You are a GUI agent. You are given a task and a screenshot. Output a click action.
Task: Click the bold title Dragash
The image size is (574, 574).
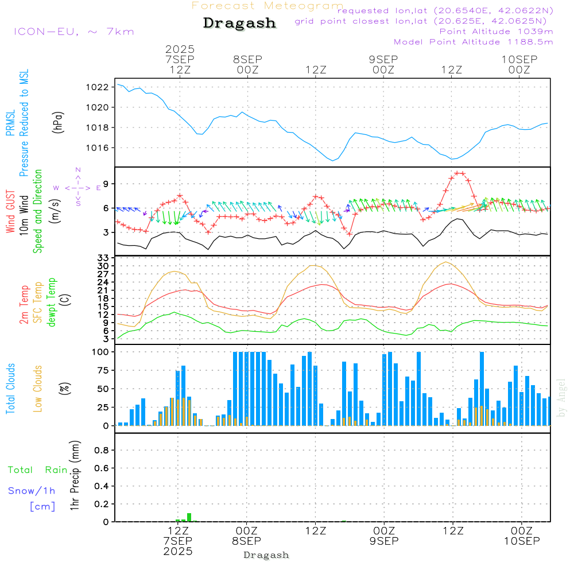[239, 24]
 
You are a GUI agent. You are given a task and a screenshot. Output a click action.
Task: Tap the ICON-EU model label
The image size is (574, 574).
[73, 32]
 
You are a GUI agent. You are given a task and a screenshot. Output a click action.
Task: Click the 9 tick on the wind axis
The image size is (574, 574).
[106, 184]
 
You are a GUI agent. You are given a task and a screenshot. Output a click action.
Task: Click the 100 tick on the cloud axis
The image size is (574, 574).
[101, 352]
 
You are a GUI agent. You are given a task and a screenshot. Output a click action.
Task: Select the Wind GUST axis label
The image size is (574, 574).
[10, 213]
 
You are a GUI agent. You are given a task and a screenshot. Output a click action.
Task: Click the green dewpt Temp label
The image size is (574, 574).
[52, 302]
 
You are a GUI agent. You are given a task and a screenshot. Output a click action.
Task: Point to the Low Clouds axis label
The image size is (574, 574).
[38, 388]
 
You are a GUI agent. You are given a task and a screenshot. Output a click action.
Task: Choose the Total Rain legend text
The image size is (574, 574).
[37, 470]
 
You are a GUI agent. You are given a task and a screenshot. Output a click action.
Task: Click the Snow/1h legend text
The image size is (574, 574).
[32, 491]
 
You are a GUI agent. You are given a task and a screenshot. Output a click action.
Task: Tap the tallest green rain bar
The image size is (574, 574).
[189, 517]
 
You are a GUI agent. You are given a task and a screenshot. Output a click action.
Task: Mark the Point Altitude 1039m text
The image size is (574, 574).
[496, 31]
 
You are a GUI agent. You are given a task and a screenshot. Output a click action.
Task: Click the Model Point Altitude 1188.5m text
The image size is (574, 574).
[473, 41]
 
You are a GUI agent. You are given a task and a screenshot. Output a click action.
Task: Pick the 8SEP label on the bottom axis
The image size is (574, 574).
[247, 541]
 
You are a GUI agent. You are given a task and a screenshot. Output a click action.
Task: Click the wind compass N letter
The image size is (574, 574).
[78, 170]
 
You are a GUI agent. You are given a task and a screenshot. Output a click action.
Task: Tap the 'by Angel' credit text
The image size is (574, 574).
[562, 397]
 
